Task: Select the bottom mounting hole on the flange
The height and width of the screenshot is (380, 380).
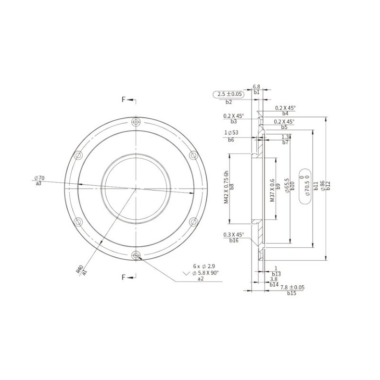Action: (136, 255)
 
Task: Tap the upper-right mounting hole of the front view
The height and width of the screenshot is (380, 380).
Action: (194, 155)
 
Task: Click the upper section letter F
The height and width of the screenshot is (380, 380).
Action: (124, 100)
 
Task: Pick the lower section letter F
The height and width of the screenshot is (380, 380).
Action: (124, 277)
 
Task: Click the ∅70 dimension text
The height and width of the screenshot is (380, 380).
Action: (39, 178)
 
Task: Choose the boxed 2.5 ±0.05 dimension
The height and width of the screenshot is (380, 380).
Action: (228, 95)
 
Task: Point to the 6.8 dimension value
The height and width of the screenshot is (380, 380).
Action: (256, 87)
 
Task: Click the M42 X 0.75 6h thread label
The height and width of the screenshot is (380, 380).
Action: (227, 188)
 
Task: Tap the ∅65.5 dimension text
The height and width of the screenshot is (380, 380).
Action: (286, 185)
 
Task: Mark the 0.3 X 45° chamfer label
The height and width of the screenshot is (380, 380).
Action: (234, 235)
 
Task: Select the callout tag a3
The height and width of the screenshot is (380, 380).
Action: (38, 183)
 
